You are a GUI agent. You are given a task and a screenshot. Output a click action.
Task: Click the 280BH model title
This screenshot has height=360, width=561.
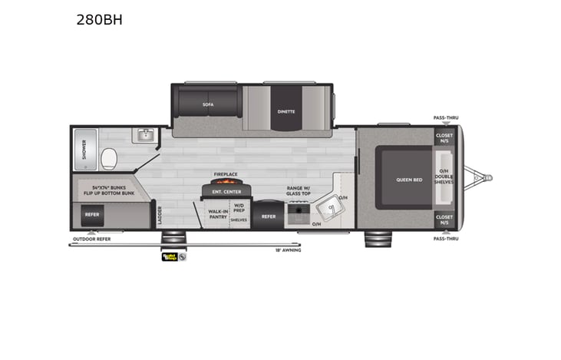click(99, 20)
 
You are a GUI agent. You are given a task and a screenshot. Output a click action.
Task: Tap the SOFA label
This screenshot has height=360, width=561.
click(208, 104)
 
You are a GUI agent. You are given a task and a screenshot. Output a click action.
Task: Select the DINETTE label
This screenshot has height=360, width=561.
click(286, 111)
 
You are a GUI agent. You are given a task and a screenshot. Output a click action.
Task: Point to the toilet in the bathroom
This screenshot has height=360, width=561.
click(109, 159)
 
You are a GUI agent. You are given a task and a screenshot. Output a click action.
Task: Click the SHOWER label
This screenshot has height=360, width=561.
click(84, 150)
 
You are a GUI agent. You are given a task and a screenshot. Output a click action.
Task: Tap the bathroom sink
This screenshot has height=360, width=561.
click(145, 136)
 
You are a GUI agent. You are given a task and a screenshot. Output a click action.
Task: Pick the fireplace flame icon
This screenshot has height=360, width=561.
click(220, 183)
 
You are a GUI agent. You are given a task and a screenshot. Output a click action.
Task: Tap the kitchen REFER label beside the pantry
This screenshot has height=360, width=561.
click(268, 216)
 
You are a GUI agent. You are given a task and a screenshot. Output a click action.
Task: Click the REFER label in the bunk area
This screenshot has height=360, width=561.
click(92, 214)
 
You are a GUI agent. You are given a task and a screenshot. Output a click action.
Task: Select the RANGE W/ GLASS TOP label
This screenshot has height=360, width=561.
click(298, 190)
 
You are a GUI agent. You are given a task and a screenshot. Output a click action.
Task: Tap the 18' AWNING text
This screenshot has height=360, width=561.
click(289, 250)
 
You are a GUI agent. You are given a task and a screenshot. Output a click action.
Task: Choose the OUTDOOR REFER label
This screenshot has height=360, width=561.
click(92, 239)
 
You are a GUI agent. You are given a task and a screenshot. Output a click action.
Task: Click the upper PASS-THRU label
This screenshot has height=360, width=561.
click(444, 118)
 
